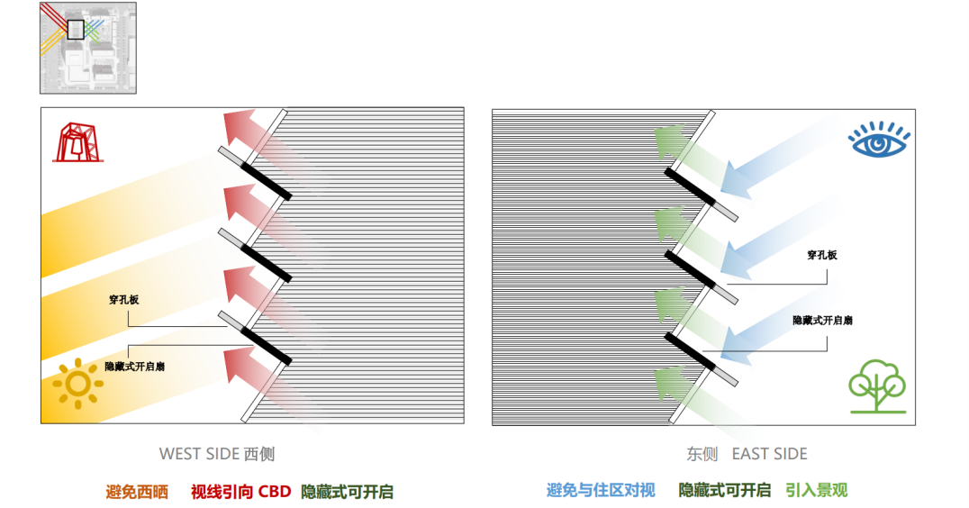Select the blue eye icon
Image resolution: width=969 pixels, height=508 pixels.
point(879,141)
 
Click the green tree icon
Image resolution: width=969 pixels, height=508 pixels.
point(876,386)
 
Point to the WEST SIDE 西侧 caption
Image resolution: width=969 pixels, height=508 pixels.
point(216,454)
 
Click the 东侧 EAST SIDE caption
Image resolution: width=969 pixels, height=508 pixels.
point(747,454)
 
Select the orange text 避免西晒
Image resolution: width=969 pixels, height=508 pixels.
point(137,492)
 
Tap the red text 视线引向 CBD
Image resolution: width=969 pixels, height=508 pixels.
point(240,492)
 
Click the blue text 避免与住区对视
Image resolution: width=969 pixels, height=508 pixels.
point(601,491)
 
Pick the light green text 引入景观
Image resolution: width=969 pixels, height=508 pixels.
point(816,491)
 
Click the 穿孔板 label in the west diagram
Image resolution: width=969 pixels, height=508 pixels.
point(123,300)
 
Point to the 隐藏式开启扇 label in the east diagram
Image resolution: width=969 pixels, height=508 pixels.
point(822,321)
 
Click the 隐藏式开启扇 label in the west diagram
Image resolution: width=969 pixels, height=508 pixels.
point(134,367)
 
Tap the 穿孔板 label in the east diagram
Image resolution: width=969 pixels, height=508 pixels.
point(821,256)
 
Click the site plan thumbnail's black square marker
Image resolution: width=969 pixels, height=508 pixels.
point(76,29)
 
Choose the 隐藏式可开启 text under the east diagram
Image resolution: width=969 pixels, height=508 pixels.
point(724,491)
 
